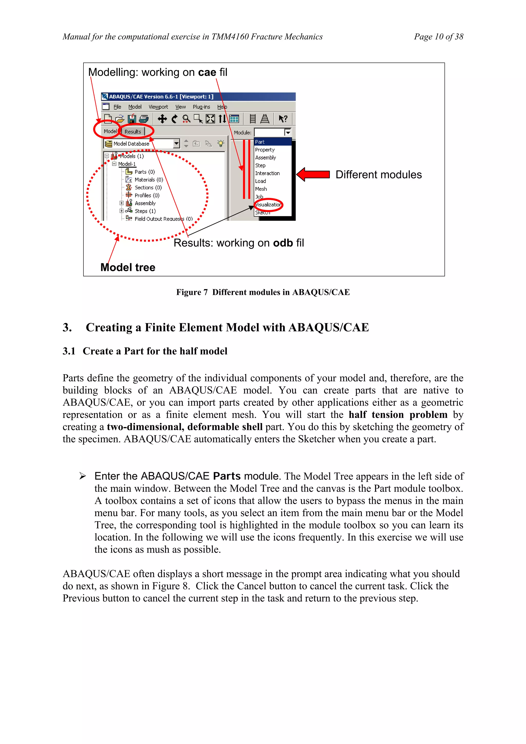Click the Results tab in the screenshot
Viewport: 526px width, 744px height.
pyautogui.click(x=133, y=131)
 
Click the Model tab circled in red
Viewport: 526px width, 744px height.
pyautogui.click(x=110, y=131)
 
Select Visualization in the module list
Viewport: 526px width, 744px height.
pyautogui.click(x=268, y=204)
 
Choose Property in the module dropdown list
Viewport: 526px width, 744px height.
pyautogui.click(x=265, y=150)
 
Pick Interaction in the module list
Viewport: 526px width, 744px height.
pyautogui.click(x=267, y=173)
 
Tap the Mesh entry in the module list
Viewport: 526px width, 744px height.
pyautogui.click(x=261, y=189)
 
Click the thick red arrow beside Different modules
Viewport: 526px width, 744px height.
pyautogui.click(x=313, y=175)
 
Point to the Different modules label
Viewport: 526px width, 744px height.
pyautogui.click(x=379, y=175)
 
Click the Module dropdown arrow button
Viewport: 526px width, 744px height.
pyautogui.click(x=287, y=133)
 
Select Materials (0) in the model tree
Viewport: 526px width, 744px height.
pyautogui.click(x=149, y=180)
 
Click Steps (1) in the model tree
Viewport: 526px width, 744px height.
pyautogui.click(x=145, y=211)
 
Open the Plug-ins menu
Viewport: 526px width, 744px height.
pyautogui.click(x=201, y=107)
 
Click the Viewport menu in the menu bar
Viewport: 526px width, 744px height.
pyautogui.click(x=158, y=107)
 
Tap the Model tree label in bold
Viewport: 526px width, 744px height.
pyautogui.click(x=128, y=267)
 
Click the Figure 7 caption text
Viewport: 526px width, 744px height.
pyautogui.click(x=263, y=292)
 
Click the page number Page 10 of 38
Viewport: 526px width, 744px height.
pyautogui.click(x=438, y=37)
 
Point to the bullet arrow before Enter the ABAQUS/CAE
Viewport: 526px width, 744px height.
pyautogui.click(x=83, y=476)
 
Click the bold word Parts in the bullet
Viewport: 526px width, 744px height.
pyautogui.click(x=227, y=476)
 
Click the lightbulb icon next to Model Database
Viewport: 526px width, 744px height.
pyautogui.click(x=221, y=144)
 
